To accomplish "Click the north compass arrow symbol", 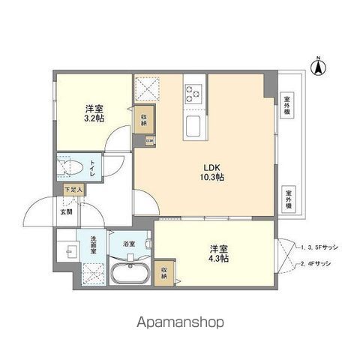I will [318, 67].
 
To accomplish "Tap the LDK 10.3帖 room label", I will [212, 172].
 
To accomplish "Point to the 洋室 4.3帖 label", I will [217, 253].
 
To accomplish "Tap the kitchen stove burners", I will [193, 93].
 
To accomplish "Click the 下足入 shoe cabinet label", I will [73, 190].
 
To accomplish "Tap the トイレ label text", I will [91, 167].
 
